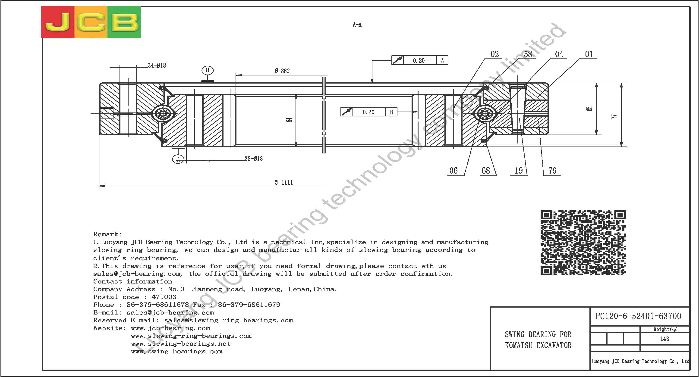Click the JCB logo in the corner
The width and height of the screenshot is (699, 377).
(x=91, y=22)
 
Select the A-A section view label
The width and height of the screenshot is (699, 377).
(x=357, y=25)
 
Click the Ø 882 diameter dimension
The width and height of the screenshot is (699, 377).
(x=282, y=71)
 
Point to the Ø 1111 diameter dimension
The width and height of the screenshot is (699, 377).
(x=283, y=182)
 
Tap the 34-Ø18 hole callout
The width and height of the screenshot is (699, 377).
(x=157, y=65)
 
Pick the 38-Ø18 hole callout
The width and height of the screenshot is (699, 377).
(x=253, y=159)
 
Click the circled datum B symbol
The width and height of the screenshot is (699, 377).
(x=208, y=71)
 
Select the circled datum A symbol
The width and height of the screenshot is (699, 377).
(x=178, y=159)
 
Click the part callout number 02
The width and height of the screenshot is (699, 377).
(x=494, y=54)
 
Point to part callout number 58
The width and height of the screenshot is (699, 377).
(x=528, y=54)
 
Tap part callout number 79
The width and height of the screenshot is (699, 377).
(x=552, y=171)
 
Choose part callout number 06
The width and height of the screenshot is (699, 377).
(x=453, y=171)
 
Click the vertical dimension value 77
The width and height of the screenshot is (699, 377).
(x=614, y=116)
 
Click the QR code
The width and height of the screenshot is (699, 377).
(x=583, y=243)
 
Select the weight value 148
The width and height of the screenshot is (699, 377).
(x=664, y=339)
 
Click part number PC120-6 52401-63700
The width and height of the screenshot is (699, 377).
(x=638, y=316)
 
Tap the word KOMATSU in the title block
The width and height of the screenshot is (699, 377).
(x=519, y=345)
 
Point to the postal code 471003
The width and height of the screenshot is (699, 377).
(x=164, y=297)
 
